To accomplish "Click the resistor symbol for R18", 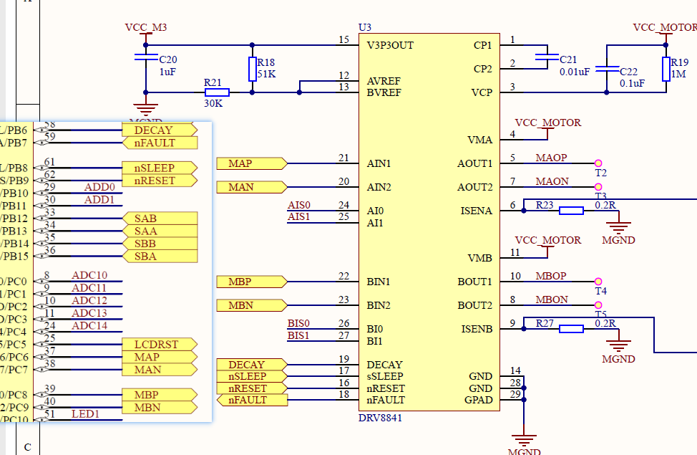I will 252,69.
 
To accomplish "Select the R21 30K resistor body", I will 217,92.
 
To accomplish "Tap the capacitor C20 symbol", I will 146,57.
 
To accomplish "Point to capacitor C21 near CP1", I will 547,57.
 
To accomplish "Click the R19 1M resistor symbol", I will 666,69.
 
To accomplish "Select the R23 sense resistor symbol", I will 571,211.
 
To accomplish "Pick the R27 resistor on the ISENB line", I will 571,329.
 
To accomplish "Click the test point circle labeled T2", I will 598,163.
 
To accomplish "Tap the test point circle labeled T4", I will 598,282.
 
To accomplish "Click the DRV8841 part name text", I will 380,417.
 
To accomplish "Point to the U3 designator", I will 365,27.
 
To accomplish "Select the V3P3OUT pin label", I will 390,45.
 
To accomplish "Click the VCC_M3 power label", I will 145,27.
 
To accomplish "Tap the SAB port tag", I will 146,219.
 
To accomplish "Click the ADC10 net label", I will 89,275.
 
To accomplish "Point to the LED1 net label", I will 85,413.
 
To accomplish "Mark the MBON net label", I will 552,300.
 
